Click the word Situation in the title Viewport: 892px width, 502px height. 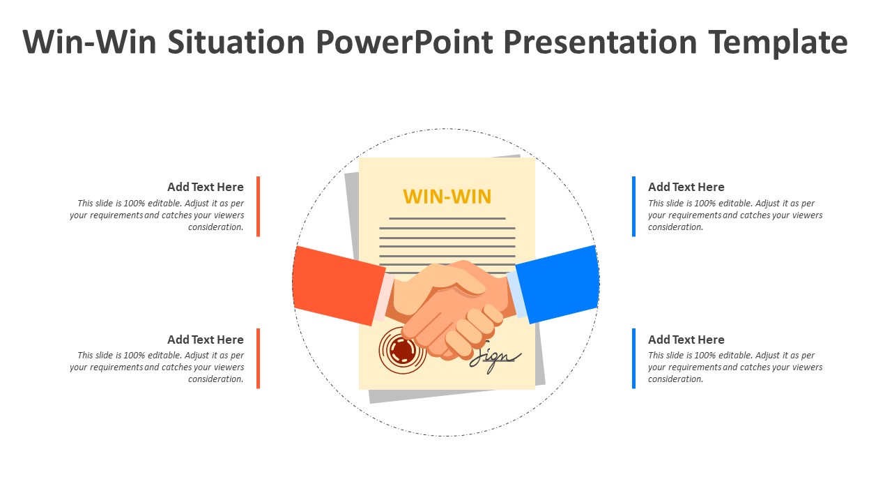click(x=236, y=42)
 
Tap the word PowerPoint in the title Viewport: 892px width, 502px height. click(x=405, y=42)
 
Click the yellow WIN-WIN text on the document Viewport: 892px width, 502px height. click(x=447, y=197)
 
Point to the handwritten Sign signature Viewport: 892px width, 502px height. click(x=495, y=358)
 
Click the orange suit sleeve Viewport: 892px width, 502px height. click(x=339, y=285)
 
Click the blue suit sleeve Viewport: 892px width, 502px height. click(x=558, y=284)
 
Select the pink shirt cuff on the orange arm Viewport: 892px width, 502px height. click(x=383, y=297)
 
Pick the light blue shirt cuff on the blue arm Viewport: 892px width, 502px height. click(x=517, y=294)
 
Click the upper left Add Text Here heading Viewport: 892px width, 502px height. click(x=206, y=187)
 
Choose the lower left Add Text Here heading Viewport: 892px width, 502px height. click(x=206, y=340)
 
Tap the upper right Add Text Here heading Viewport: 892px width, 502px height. click(x=686, y=187)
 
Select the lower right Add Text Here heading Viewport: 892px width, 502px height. click(x=686, y=340)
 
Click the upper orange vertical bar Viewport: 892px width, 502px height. click(x=258, y=206)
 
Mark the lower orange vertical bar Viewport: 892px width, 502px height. click(x=258, y=358)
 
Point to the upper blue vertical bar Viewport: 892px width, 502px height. click(x=633, y=206)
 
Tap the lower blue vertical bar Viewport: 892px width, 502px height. click(x=633, y=358)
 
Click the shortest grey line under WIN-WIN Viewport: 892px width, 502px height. click(x=447, y=218)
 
